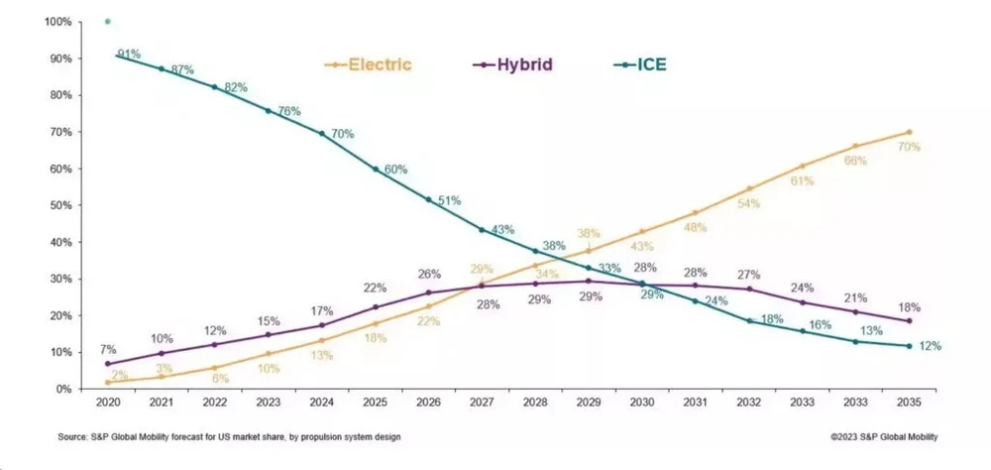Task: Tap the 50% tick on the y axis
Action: (x=59, y=205)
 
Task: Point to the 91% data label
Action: (x=129, y=53)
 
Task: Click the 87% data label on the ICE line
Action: (x=181, y=70)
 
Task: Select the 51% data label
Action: (x=448, y=200)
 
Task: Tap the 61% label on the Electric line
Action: (x=802, y=180)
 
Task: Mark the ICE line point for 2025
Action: (x=376, y=169)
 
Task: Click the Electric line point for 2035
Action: (x=909, y=132)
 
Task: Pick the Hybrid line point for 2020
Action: (x=107, y=363)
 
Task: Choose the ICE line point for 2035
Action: (x=909, y=345)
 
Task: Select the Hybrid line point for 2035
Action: (x=909, y=321)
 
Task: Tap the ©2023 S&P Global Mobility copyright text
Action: (x=884, y=437)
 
